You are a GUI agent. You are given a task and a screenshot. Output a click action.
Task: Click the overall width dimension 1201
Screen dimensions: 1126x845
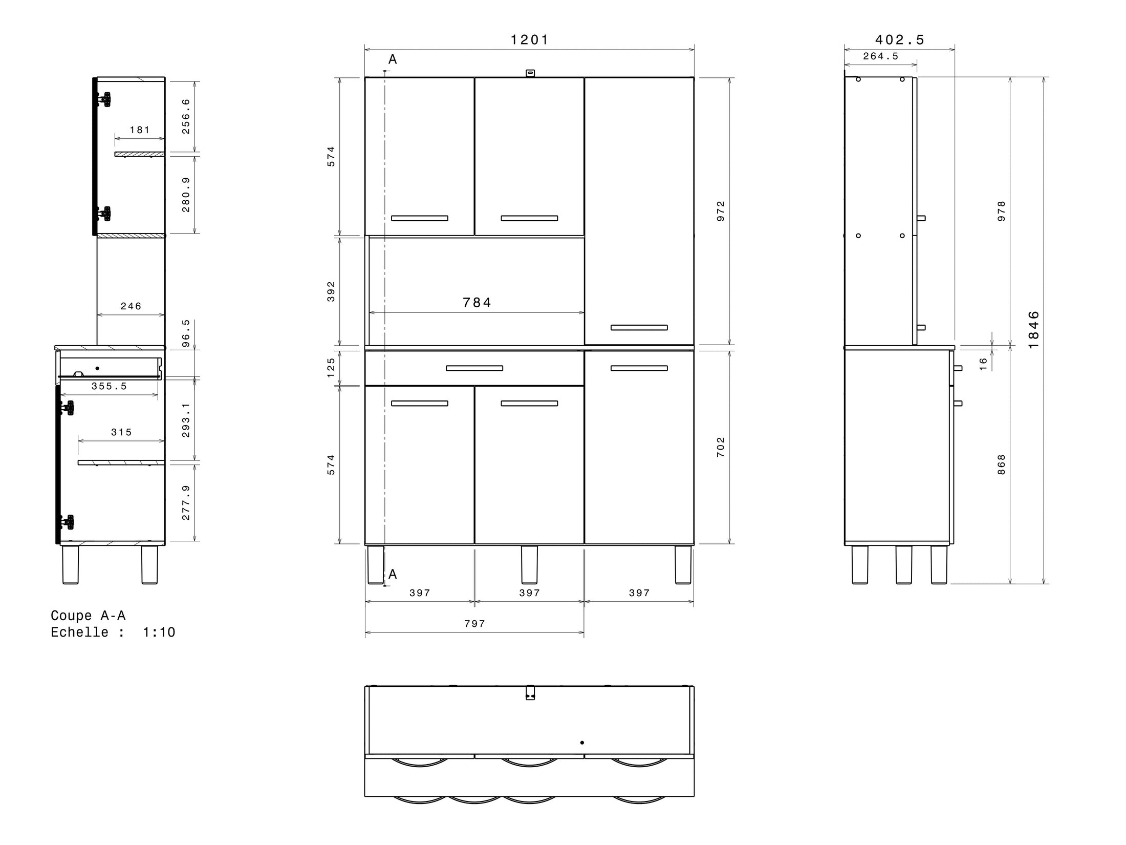click(x=529, y=39)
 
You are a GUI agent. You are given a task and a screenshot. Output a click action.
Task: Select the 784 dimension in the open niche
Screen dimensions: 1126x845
click(x=477, y=303)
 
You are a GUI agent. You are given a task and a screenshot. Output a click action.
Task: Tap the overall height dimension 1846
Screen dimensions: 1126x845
click(x=1033, y=330)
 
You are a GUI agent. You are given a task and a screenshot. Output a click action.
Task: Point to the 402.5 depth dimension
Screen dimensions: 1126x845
click(x=900, y=39)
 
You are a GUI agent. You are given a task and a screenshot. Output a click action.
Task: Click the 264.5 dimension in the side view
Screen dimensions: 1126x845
click(x=881, y=56)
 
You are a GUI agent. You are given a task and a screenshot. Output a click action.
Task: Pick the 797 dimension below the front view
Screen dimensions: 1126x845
click(x=475, y=624)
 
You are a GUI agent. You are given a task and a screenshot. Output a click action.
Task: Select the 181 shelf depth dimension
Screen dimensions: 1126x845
click(x=140, y=130)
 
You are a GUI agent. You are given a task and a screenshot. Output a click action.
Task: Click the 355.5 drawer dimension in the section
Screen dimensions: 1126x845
click(x=109, y=386)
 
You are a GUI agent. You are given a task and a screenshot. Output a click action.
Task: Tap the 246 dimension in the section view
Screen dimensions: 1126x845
click(x=131, y=306)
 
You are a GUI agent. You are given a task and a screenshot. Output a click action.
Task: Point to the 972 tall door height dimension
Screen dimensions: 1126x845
click(x=721, y=211)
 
